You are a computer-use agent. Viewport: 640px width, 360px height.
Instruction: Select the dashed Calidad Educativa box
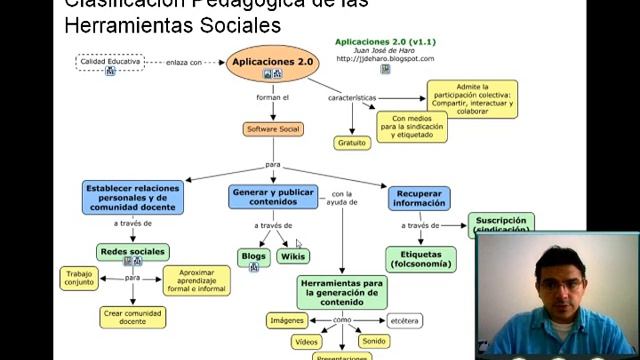[110, 62]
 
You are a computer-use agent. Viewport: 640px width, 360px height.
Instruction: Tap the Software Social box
[273, 129]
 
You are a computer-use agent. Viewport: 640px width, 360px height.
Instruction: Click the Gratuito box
[352, 143]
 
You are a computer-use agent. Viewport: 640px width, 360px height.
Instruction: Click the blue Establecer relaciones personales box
[132, 196]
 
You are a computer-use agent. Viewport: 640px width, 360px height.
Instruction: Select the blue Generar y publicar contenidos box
[272, 196]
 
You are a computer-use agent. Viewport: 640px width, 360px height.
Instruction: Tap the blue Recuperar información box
[419, 197]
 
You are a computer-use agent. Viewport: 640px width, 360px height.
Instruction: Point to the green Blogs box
[254, 257]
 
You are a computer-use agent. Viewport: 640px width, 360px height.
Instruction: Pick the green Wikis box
[293, 257]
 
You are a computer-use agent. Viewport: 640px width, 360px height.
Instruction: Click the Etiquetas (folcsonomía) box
[420, 260]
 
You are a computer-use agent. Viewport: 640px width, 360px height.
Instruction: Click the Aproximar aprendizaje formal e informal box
[196, 280]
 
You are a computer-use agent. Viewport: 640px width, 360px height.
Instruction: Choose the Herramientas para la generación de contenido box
[343, 292]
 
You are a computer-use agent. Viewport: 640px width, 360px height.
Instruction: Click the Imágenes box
[286, 320]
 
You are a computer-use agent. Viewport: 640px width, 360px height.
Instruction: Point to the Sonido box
[374, 341]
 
